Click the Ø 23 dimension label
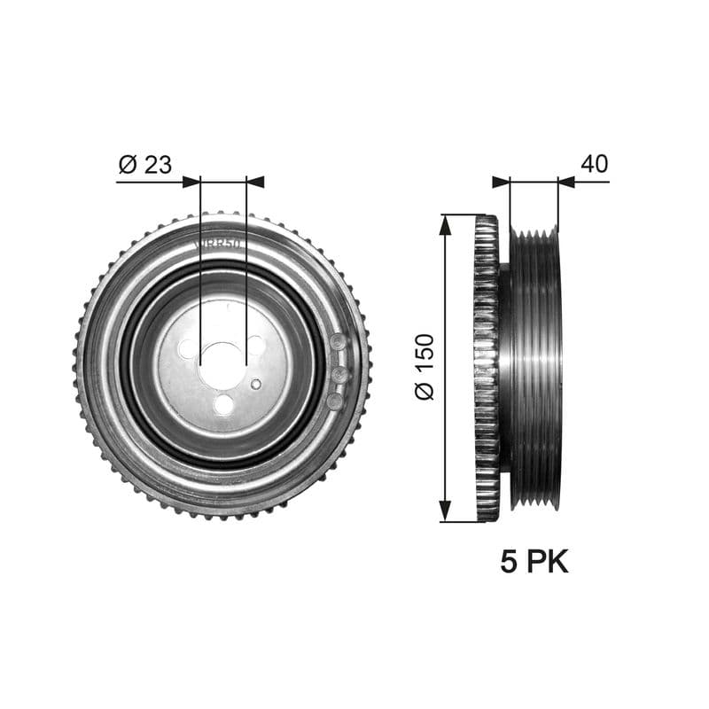point(144,164)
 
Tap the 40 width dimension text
point(594,164)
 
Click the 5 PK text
point(534,562)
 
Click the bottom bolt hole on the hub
point(223,406)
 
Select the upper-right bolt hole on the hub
point(257,346)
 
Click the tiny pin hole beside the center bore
point(256,384)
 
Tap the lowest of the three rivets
point(334,401)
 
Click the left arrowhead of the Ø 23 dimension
point(191,182)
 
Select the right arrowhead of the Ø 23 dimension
point(255,182)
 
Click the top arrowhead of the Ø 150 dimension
point(445,223)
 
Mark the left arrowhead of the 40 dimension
point(502,182)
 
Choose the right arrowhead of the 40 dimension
point(567,182)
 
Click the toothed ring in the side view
point(486,368)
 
